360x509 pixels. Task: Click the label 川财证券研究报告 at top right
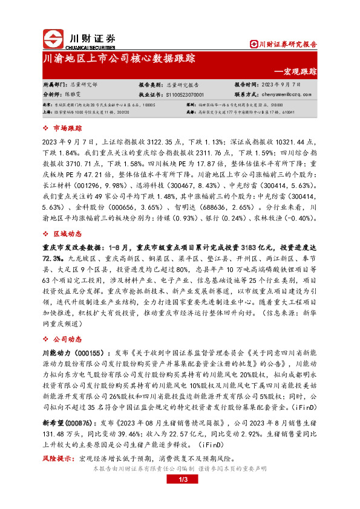click(287, 44)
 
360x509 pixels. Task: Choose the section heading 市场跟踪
click(67, 128)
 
